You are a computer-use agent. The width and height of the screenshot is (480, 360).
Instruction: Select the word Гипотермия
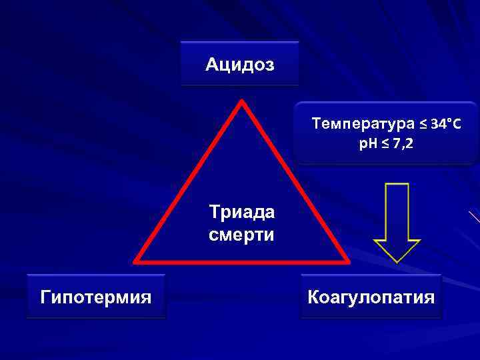coord(95,296)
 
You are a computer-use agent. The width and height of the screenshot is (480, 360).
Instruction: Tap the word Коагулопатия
coord(371,296)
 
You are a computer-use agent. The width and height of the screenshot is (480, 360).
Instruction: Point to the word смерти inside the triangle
coord(241,235)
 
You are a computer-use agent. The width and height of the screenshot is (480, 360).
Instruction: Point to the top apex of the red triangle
coord(242,103)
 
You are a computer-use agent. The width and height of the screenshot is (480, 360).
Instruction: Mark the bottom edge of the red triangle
coord(242,261)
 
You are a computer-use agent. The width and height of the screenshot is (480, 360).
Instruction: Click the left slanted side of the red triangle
coord(189,181)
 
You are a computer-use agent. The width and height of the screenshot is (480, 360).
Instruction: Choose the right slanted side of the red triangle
coord(295,181)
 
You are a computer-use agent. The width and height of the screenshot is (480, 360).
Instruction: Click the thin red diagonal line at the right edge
coord(475,218)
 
